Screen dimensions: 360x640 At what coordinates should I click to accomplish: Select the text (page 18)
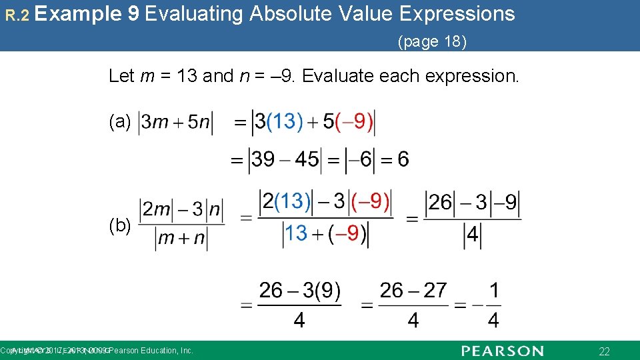(x=432, y=42)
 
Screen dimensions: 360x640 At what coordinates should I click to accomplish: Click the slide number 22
(x=605, y=351)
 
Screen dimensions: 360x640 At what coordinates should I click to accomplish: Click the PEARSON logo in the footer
(x=502, y=351)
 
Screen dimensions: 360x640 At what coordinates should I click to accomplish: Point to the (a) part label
(x=120, y=121)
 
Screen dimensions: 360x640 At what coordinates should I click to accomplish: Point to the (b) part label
(x=120, y=226)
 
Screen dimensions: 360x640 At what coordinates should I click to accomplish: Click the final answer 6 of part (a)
(x=403, y=159)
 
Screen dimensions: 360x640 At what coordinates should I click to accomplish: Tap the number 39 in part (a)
(x=263, y=159)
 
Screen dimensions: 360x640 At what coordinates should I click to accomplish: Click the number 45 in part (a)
(x=307, y=159)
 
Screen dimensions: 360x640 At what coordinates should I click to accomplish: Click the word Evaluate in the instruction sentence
(x=338, y=76)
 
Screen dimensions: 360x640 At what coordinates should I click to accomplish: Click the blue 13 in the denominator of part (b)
(x=296, y=233)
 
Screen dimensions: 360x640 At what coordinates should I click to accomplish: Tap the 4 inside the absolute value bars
(x=472, y=235)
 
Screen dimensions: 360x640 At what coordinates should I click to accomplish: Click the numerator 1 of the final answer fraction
(x=493, y=291)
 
